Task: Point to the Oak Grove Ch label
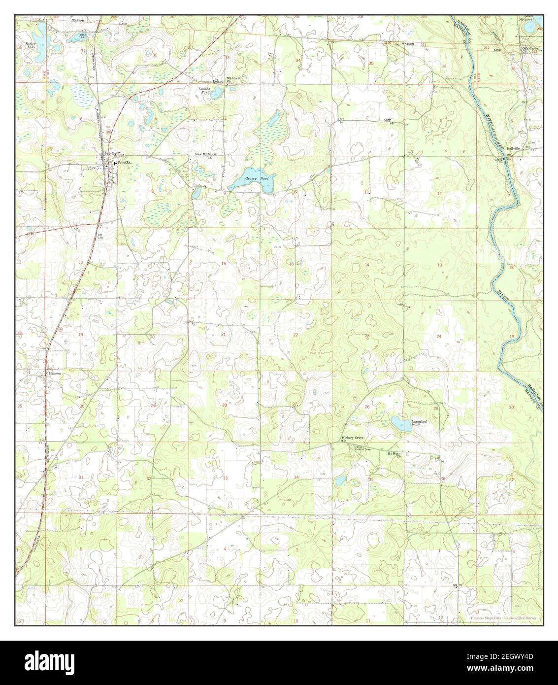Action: [531, 49]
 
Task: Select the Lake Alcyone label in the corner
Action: [530, 18]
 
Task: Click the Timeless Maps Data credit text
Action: [502, 618]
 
